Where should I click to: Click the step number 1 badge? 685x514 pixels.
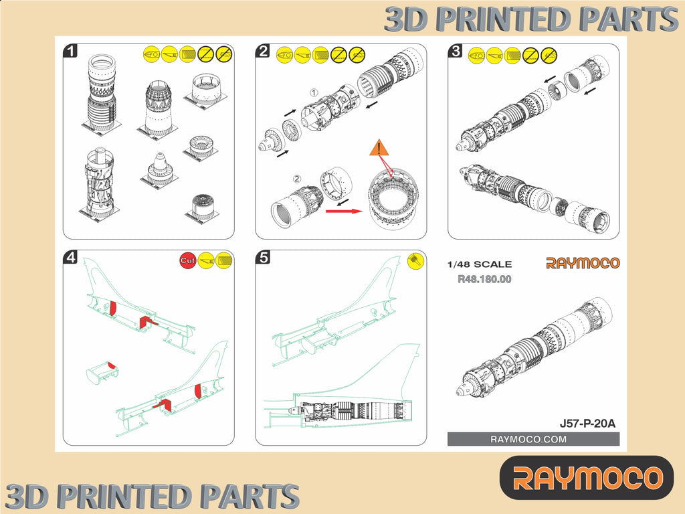click(x=70, y=51)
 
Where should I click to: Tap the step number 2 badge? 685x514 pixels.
click(x=262, y=51)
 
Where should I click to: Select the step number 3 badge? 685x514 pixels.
click(x=455, y=51)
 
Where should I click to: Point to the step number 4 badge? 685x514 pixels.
click(x=70, y=257)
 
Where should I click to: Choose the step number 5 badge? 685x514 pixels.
click(x=262, y=257)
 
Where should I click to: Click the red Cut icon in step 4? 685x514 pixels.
click(x=188, y=260)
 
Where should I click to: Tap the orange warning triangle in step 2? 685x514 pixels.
click(x=379, y=148)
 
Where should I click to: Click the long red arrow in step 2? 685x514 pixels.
click(x=345, y=211)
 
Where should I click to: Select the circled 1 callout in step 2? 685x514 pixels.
click(x=314, y=92)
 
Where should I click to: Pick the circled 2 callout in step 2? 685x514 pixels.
click(x=297, y=179)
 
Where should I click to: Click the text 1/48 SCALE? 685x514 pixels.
click(x=479, y=264)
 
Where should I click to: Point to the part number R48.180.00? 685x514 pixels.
click(x=484, y=279)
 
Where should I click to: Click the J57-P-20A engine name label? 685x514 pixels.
click(x=587, y=424)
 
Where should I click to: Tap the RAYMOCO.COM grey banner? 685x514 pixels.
click(x=533, y=439)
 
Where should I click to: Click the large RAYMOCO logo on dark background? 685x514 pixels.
click(x=587, y=478)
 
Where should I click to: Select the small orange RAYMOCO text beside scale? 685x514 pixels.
click(x=583, y=263)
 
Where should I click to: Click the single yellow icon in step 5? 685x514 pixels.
click(x=415, y=261)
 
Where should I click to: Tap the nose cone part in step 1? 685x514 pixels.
click(x=159, y=170)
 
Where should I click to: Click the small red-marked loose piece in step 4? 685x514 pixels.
click(x=102, y=373)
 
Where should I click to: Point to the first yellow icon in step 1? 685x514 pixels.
click(x=152, y=54)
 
